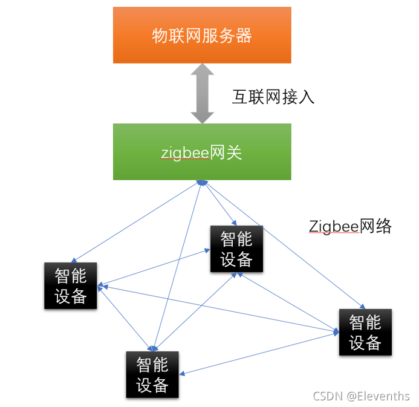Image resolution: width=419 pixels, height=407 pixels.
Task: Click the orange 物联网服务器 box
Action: (x=202, y=35)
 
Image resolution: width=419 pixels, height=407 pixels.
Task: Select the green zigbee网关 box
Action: (x=202, y=152)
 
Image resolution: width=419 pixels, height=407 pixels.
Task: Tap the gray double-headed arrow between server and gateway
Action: (x=202, y=94)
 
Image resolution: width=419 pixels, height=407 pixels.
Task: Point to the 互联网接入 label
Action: (x=273, y=97)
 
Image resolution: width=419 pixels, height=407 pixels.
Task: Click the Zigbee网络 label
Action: (x=350, y=227)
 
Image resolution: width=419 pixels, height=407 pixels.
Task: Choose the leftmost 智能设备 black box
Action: (x=71, y=285)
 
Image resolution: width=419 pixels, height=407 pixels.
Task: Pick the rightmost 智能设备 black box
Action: (x=365, y=332)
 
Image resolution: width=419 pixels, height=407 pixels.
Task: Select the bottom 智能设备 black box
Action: (x=152, y=374)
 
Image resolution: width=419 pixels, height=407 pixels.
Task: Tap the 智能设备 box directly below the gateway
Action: (x=236, y=248)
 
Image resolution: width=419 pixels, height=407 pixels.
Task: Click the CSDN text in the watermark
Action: (x=328, y=396)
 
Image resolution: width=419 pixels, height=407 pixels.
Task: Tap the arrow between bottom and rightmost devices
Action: (x=260, y=351)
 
